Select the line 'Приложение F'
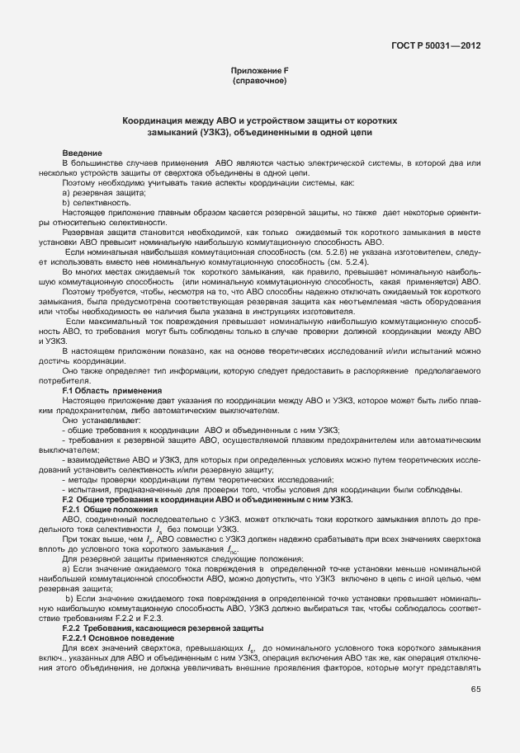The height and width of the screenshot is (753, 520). coord(260,73)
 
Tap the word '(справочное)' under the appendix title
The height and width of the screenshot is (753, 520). coord(260,82)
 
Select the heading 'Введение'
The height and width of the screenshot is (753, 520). coord(83,153)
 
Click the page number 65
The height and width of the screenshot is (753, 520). coord(475,689)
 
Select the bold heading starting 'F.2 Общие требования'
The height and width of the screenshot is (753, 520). coord(208,499)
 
